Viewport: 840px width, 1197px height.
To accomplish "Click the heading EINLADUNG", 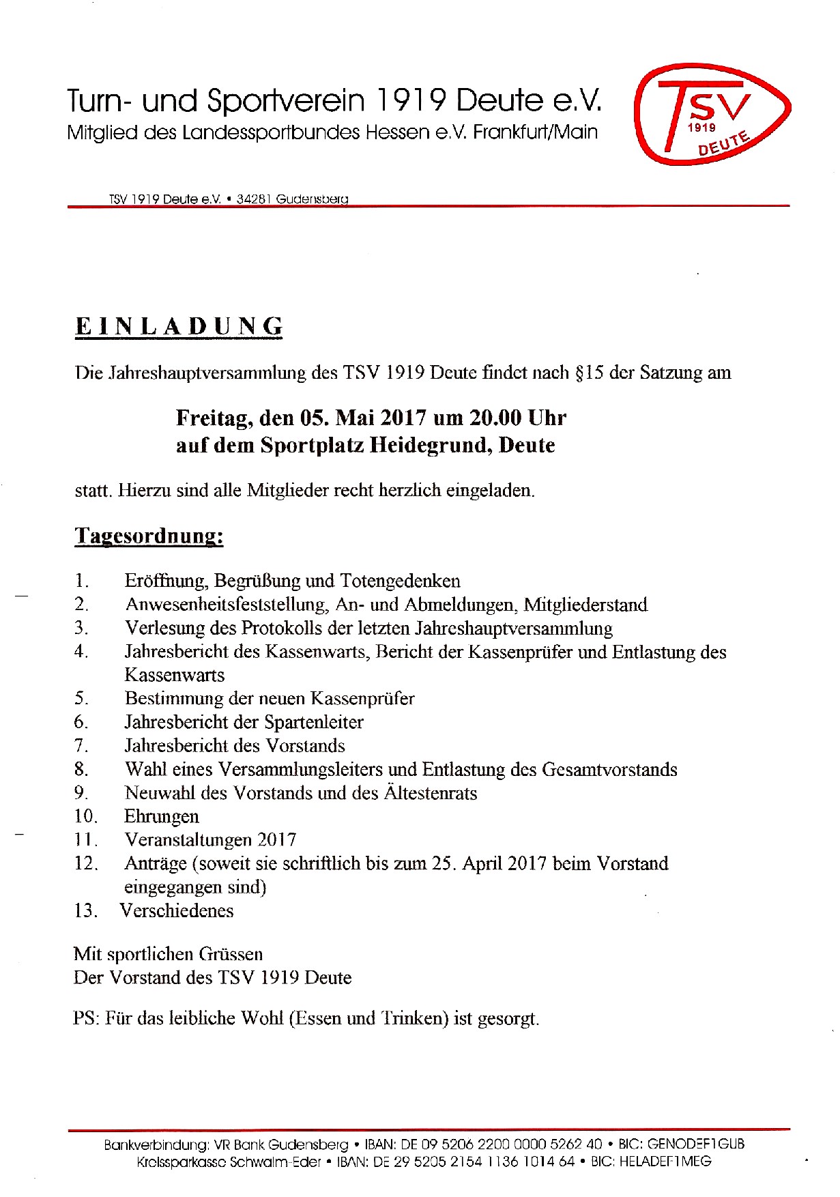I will [x=179, y=326].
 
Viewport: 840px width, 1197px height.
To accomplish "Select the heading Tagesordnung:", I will [x=149, y=536].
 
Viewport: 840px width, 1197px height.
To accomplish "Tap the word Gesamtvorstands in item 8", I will [x=609, y=770].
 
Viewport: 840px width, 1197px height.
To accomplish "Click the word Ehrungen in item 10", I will [x=162, y=817].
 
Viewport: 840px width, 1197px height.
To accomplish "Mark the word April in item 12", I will [x=485, y=863].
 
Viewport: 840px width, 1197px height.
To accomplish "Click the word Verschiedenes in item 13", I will [x=177, y=910].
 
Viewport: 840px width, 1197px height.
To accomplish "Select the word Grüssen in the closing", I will [x=230, y=954].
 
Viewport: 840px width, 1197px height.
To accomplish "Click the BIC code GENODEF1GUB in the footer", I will [x=696, y=1144].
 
